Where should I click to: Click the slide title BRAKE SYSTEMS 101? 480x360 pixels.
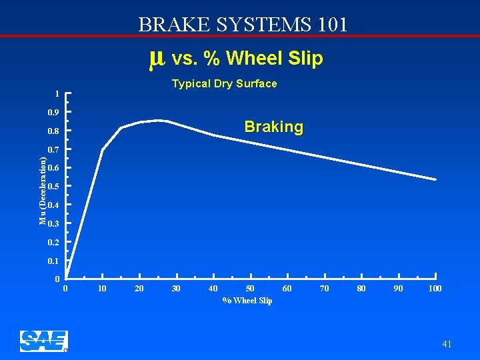(243, 25)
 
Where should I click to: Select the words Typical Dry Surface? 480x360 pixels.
(224, 84)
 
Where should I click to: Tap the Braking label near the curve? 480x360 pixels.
(273, 127)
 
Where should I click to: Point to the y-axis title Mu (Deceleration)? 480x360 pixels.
(43, 191)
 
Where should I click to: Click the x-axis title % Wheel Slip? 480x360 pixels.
(247, 301)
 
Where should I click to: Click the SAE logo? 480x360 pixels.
(44, 341)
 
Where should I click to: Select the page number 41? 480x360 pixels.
(446, 344)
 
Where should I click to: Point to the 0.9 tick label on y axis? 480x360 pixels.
(53, 112)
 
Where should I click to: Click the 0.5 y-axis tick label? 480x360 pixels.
(53, 186)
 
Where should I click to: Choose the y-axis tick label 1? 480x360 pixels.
(57, 93)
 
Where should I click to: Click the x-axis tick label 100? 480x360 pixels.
(435, 289)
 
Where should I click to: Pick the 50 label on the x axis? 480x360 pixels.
(250, 289)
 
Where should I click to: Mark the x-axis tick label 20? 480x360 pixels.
(139, 289)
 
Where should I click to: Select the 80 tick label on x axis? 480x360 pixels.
(361, 289)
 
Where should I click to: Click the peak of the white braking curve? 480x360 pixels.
(159, 121)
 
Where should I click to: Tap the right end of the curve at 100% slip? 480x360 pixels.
(435, 179)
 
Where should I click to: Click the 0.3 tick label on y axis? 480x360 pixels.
(53, 223)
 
